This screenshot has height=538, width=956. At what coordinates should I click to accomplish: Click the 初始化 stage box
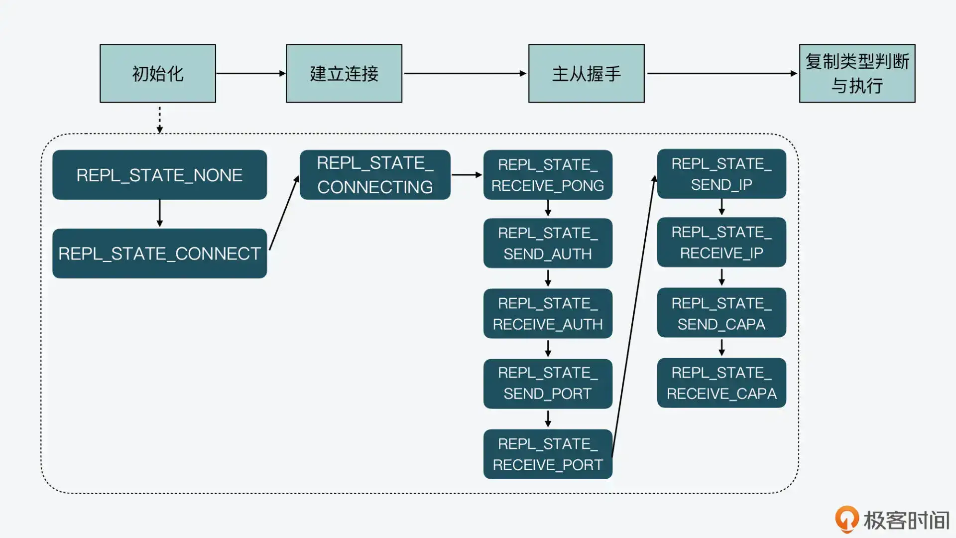(x=158, y=74)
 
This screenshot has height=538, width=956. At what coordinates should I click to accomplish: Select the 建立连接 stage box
(x=344, y=74)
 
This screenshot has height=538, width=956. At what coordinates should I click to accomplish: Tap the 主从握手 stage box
(x=586, y=74)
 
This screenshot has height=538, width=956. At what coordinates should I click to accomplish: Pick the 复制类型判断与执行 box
(x=857, y=74)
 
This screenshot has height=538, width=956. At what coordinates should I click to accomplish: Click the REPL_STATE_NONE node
(x=159, y=175)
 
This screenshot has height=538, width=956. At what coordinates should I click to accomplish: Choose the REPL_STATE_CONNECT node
(x=159, y=254)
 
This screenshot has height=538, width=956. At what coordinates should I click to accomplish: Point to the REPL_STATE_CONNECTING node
(x=375, y=175)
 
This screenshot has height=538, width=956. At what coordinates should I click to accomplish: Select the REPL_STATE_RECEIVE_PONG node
(x=548, y=175)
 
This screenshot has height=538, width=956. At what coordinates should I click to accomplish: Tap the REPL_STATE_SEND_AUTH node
(x=548, y=243)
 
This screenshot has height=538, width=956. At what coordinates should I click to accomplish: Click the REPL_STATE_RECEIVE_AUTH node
(x=548, y=313)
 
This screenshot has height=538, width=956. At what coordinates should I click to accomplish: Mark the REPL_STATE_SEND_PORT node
(x=548, y=384)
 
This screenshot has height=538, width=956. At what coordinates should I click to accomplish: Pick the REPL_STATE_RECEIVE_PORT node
(x=548, y=454)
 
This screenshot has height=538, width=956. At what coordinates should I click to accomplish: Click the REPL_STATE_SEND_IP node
(x=721, y=174)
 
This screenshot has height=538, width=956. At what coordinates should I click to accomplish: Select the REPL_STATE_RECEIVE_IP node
(x=721, y=242)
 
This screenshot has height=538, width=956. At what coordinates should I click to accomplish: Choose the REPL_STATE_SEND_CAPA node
(x=721, y=313)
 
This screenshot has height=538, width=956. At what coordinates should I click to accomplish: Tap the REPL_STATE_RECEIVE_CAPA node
(x=721, y=383)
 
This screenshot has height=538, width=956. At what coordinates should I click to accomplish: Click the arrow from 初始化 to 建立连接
(x=250, y=74)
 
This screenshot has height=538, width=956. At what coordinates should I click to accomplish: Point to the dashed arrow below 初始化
(x=159, y=119)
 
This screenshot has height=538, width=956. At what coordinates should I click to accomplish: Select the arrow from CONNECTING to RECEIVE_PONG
(x=467, y=175)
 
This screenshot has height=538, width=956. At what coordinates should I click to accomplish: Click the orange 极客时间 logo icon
(x=846, y=519)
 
